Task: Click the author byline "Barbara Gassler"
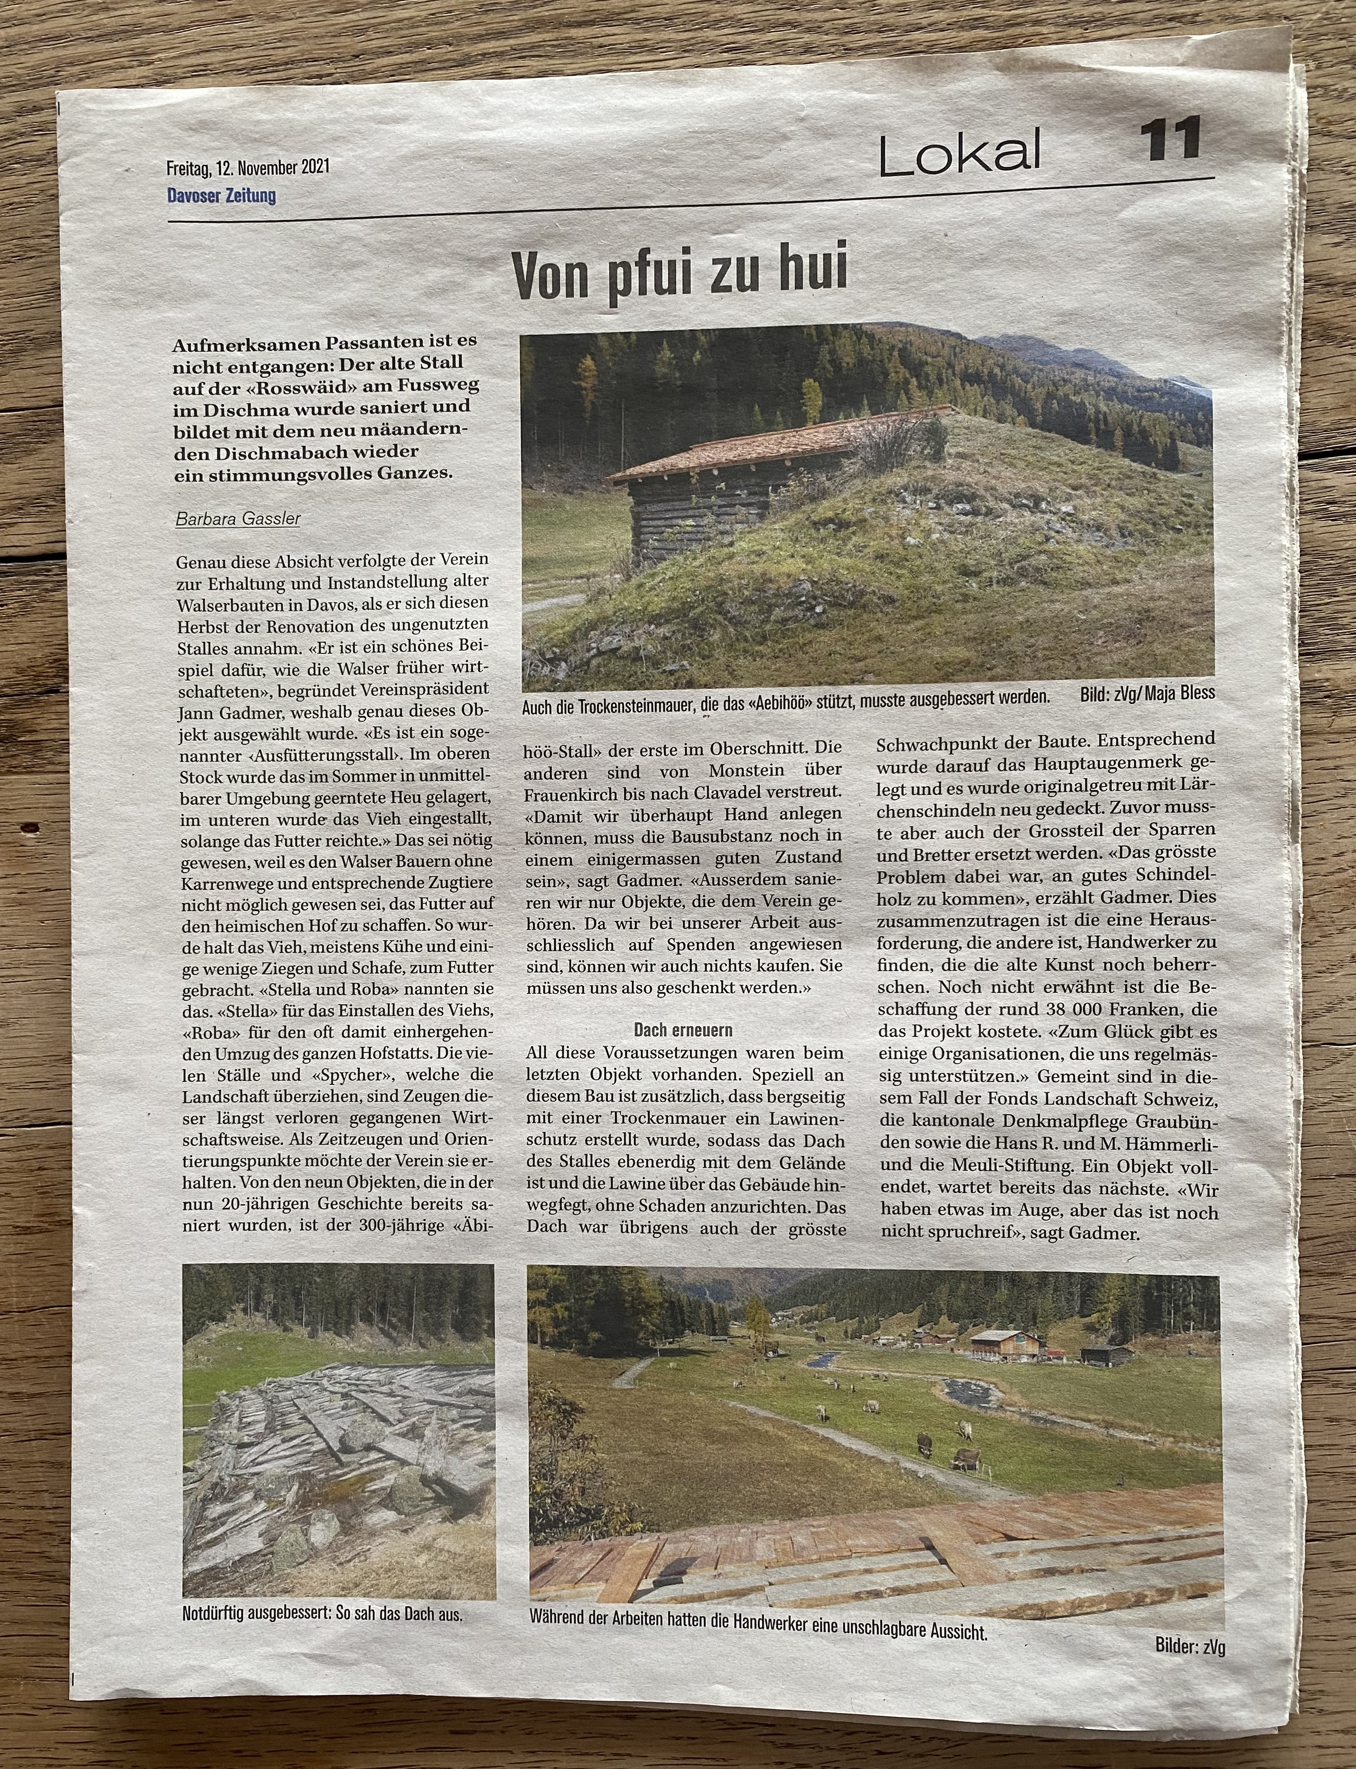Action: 237,518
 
